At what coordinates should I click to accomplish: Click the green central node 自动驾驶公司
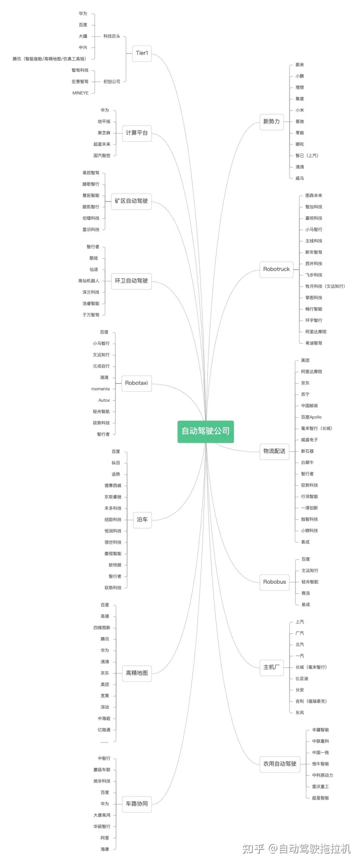pyautogui.click(x=205, y=431)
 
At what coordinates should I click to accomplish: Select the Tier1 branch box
pyautogui.click(x=142, y=53)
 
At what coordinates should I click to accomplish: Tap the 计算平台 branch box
pyautogui.click(x=136, y=133)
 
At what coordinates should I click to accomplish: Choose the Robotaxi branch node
pyautogui.click(x=136, y=383)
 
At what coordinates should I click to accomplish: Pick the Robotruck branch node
pyautogui.click(x=276, y=269)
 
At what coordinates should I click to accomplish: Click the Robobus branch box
pyautogui.click(x=274, y=582)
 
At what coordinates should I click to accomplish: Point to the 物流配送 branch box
pyautogui.click(x=274, y=451)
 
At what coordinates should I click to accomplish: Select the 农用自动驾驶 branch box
pyautogui.click(x=280, y=764)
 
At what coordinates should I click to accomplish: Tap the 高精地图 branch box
pyautogui.click(x=136, y=673)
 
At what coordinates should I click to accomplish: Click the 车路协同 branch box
pyautogui.click(x=136, y=804)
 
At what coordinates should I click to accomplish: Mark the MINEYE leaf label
pyautogui.click(x=80, y=93)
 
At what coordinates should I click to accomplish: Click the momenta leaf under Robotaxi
pyautogui.click(x=100, y=389)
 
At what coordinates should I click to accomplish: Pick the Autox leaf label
pyautogui.click(x=104, y=400)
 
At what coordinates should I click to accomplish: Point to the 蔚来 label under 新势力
pyautogui.click(x=299, y=65)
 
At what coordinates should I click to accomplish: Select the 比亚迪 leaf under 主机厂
pyautogui.click(x=302, y=679)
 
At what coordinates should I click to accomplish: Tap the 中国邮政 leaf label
pyautogui.click(x=309, y=406)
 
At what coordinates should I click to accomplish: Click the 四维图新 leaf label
pyautogui.click(x=102, y=628)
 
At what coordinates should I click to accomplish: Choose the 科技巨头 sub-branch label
pyautogui.click(x=112, y=37)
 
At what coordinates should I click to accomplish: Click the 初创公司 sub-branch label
pyautogui.click(x=112, y=82)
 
